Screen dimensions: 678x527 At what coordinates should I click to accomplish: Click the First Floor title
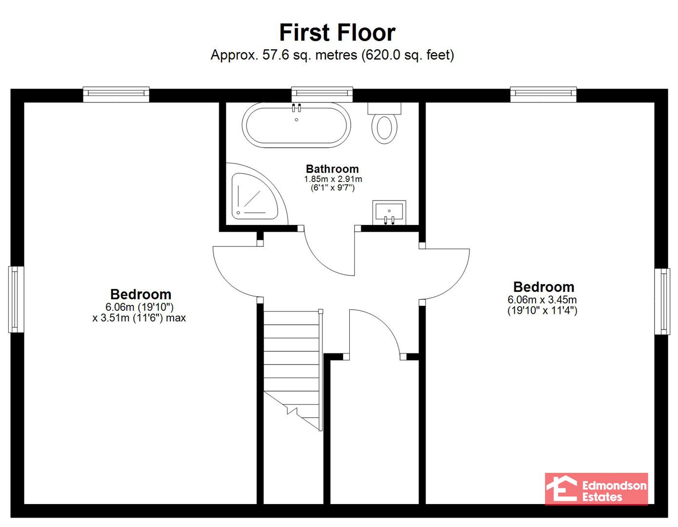337,33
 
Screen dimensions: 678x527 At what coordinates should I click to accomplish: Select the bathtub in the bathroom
297,125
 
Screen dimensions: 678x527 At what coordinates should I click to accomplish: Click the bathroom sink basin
389,212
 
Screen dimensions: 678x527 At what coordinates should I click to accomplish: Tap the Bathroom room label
332,169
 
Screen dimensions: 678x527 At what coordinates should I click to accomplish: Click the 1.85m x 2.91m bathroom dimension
333,179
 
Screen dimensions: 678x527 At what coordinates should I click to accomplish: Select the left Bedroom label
140,294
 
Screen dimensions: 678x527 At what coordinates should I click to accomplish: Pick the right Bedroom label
544,287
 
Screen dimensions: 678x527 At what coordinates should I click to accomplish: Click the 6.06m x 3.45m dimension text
542,300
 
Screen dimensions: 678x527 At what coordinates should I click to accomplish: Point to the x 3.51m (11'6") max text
139,318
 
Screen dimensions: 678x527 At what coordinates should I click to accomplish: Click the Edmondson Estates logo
596,489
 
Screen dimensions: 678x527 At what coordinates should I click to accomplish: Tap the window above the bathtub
322,94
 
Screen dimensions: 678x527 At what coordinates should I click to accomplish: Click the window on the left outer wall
16,300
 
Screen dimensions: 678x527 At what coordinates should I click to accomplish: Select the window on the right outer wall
662,302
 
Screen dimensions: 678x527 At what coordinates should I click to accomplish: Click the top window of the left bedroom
116,94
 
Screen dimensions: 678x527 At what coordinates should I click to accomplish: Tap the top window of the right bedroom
543,94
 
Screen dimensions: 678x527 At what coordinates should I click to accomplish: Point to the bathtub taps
297,108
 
